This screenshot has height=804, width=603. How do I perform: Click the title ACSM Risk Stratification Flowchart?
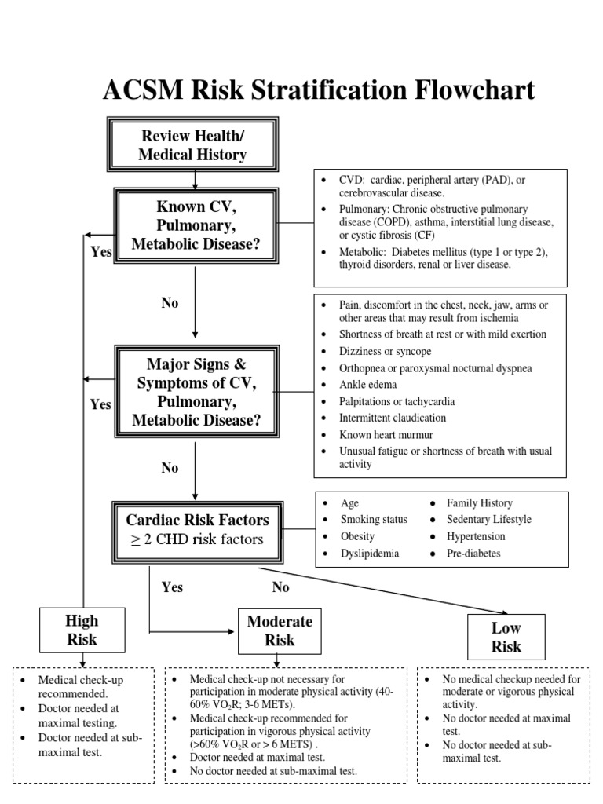pos(319,90)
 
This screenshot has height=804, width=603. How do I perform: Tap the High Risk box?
pos(82,630)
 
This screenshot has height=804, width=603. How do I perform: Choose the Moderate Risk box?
pos(280,630)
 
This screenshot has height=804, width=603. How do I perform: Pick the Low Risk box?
pos(506,637)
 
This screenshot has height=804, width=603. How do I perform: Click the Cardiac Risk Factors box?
pos(197,529)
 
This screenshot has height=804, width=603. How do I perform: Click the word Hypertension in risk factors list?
pos(476,536)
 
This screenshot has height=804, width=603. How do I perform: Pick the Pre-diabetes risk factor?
pos(473,553)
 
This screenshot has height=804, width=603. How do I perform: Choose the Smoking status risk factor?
pos(373,520)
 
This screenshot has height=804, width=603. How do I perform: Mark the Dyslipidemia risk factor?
pos(369,553)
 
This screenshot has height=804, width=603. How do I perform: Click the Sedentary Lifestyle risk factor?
pos(488,519)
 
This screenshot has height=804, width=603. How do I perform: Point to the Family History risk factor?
pos(479,502)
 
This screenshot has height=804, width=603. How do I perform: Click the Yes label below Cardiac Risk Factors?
pos(173,587)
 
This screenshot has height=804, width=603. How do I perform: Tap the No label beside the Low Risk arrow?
pos(280,587)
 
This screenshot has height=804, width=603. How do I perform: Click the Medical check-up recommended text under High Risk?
pos(81,686)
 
